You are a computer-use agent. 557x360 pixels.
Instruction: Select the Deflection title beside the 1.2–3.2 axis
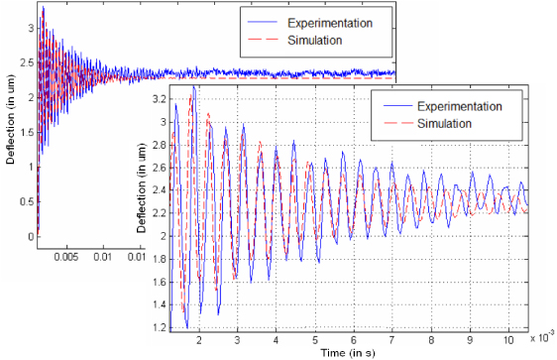(141, 213)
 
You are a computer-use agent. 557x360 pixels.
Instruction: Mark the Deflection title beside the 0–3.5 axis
(9, 125)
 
